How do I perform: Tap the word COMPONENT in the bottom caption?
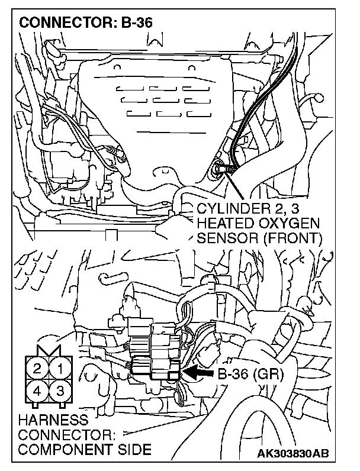tap(65, 449)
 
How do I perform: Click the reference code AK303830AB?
tap(292, 453)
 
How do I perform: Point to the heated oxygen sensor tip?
tap(220, 169)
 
